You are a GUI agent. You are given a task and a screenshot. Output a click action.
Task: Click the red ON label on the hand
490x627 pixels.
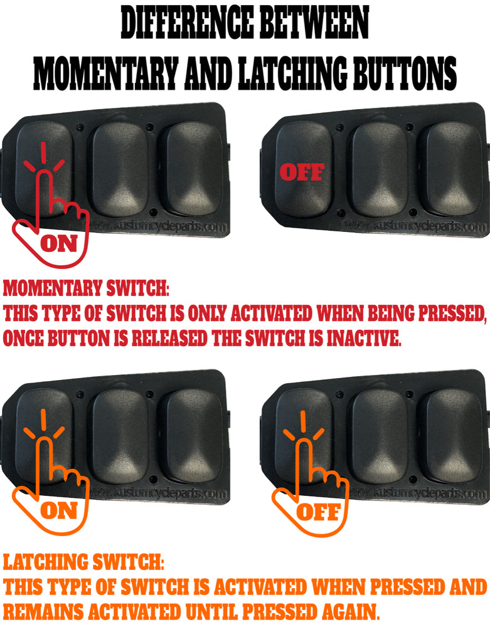58,244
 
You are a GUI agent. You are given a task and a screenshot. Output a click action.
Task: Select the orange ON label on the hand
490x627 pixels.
58,510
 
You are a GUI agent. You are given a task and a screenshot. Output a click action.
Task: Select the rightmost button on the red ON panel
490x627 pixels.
188,166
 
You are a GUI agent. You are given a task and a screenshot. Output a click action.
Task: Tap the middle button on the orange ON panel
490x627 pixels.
120,433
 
